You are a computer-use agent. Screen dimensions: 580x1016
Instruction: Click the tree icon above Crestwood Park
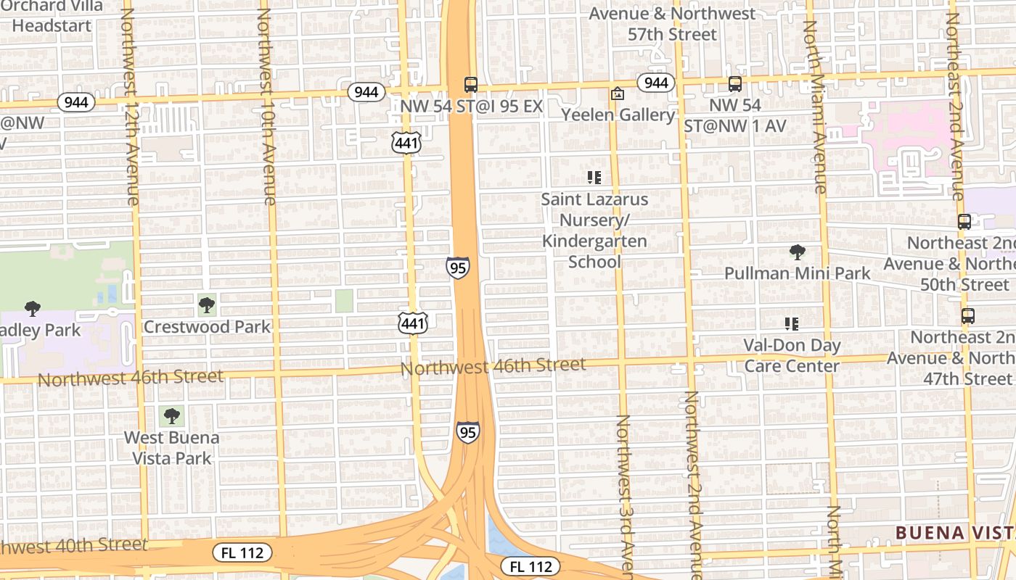coord(207,304)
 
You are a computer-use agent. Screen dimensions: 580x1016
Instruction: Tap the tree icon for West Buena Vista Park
coord(171,415)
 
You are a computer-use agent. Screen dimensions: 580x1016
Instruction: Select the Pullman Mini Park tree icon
coord(798,252)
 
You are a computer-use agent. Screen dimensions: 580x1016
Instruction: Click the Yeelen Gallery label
coord(618,115)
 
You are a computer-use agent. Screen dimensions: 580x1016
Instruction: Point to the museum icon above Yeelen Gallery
coord(618,94)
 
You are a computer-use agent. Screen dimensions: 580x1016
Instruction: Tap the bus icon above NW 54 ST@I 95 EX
coord(471,84)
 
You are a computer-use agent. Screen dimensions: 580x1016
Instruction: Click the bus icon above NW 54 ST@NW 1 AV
coord(735,84)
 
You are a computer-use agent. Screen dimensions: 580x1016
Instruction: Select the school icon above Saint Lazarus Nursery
coord(594,177)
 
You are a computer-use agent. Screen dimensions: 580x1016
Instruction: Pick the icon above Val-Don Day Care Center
coord(792,323)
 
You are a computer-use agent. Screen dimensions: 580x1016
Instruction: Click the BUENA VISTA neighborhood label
coord(954,533)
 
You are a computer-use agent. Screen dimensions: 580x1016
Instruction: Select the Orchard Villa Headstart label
coord(52,16)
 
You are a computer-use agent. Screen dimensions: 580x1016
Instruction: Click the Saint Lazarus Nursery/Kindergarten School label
coord(594,230)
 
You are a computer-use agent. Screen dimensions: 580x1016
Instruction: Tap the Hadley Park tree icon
coord(33,309)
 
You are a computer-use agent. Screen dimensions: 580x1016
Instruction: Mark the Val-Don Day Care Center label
coord(792,355)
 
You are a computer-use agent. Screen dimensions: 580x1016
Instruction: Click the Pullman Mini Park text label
coord(798,273)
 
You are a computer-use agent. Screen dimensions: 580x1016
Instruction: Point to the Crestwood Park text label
coord(207,326)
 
